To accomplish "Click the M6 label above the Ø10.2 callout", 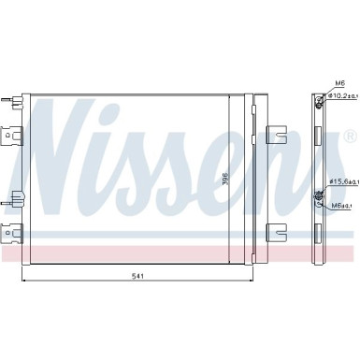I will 339,82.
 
